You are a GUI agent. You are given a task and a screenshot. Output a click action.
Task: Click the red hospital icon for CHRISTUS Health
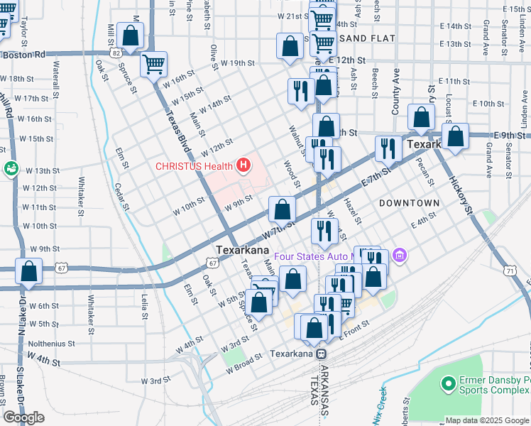click(x=244, y=166)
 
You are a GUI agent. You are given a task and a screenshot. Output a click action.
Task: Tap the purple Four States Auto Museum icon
click(x=399, y=254)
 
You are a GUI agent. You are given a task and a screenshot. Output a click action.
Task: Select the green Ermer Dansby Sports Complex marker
click(x=448, y=384)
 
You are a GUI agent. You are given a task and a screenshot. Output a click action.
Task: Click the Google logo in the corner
click(x=23, y=417)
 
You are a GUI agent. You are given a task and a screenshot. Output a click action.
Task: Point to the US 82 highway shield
click(x=116, y=53)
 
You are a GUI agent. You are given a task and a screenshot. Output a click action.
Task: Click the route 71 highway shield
click(x=510, y=271)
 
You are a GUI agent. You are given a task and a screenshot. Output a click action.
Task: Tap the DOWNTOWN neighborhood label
click(x=409, y=203)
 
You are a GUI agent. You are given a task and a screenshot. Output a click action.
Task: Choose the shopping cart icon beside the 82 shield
click(x=153, y=65)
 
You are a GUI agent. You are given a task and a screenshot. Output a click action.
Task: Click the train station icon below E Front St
click(x=321, y=354)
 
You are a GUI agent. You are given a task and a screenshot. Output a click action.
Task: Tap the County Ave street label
click(x=396, y=92)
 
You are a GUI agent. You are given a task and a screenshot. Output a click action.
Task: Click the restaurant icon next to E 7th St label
click(x=388, y=148)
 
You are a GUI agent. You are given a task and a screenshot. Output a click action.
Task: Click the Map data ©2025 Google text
click(x=486, y=420)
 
